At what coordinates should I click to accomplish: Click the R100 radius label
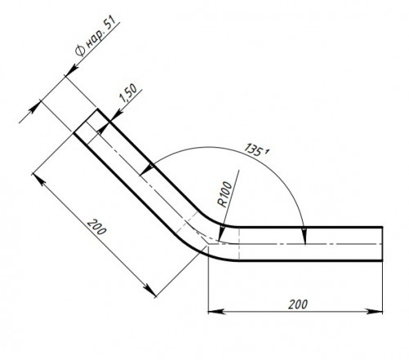[225, 194]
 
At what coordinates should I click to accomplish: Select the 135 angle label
[256, 150]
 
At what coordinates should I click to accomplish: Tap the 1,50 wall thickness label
[128, 92]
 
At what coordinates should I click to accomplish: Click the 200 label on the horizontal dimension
[298, 304]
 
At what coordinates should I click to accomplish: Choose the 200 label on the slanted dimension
[97, 227]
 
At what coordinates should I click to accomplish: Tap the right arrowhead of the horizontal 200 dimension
[374, 311]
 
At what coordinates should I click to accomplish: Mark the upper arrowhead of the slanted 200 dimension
[38, 179]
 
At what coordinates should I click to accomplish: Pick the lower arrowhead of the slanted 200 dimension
[151, 290]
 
